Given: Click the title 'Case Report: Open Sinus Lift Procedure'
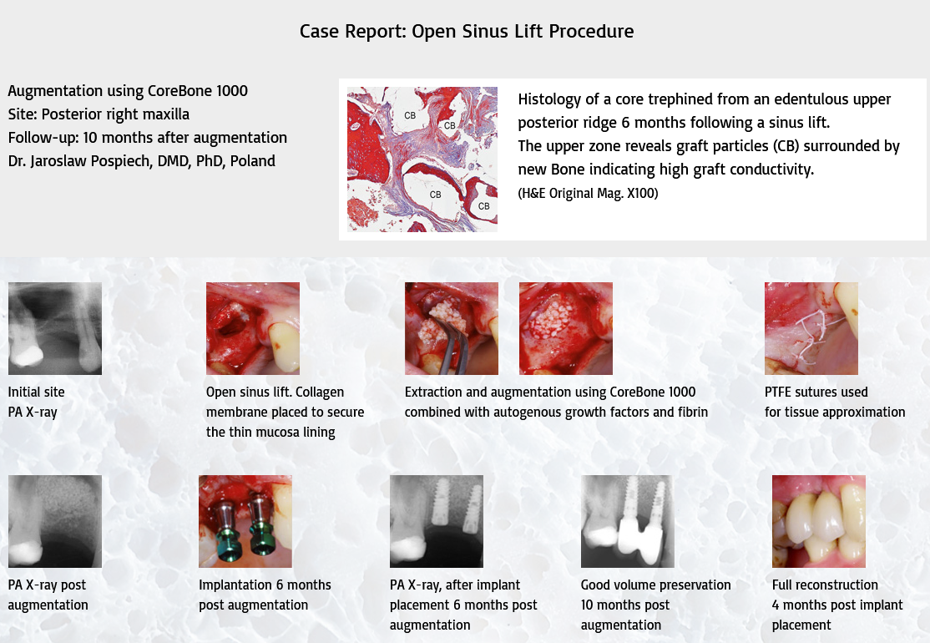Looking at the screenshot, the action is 466,31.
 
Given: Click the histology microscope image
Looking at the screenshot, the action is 422,159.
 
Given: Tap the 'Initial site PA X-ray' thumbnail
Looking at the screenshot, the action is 55,328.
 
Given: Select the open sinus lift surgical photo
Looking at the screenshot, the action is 253,328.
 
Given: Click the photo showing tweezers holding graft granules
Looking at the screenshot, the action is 452,328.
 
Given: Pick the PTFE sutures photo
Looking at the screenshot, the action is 811,328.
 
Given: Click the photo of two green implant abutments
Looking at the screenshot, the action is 245,521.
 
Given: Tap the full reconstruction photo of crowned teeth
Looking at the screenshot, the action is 818,521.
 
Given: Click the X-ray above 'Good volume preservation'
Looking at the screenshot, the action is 628,521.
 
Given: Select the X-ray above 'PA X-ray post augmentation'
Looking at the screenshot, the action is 55,521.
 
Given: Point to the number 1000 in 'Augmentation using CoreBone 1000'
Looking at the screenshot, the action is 232,91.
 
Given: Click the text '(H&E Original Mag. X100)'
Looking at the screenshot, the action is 588,194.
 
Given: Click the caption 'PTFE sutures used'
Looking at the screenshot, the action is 816,392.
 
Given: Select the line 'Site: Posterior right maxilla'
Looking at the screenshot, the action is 99,114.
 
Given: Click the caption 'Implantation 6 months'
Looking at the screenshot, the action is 265,585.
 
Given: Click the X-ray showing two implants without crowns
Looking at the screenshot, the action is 437,521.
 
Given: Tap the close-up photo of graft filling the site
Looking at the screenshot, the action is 566,328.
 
